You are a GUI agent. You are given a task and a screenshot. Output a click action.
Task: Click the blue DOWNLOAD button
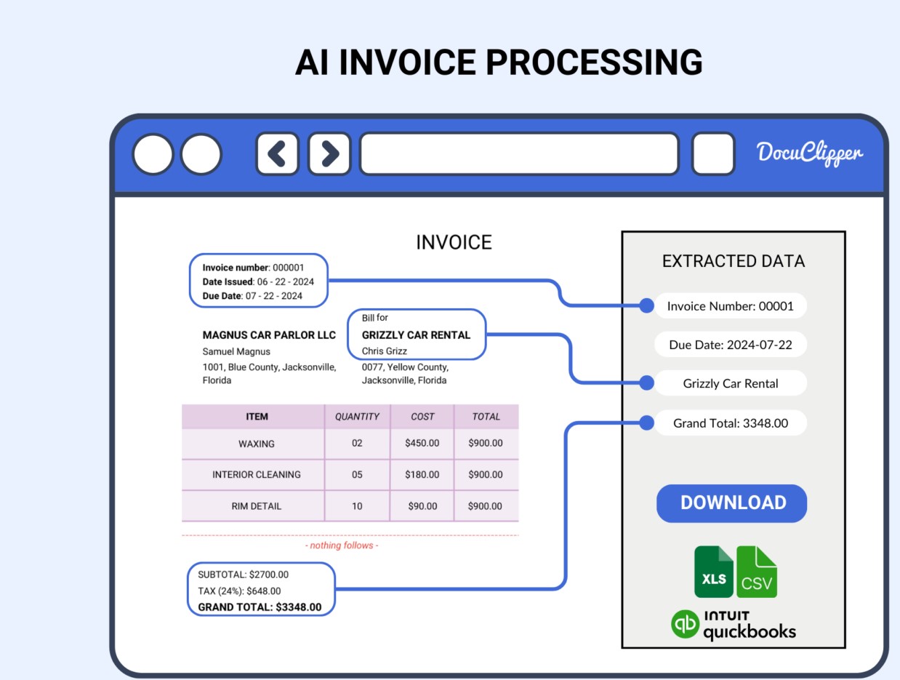[731, 503]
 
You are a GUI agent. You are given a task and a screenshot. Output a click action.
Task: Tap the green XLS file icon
[713, 572]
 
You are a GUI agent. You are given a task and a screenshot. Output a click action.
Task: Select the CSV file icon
[757, 572]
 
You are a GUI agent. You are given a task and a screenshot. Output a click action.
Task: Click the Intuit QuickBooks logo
[733, 625]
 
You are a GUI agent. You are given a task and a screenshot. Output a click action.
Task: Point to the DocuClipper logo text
[809, 153]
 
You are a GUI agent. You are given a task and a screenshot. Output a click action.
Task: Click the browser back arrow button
[277, 153]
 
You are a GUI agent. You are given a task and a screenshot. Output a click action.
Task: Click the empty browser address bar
[519, 153]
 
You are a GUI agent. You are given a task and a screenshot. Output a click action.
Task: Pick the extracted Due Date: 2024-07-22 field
[731, 345]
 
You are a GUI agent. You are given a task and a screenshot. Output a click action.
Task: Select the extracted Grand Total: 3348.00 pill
[731, 423]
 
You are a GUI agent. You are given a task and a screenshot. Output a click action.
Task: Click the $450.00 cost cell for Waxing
[422, 443]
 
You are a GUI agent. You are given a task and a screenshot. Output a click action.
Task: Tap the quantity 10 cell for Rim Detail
[357, 506]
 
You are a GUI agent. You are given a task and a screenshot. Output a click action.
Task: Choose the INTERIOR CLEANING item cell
[256, 474]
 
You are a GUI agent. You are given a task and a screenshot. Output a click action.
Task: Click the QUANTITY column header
[357, 417]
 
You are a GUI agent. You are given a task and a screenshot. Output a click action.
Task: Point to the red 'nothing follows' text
[342, 545]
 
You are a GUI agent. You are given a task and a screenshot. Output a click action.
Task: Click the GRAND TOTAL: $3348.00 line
[260, 607]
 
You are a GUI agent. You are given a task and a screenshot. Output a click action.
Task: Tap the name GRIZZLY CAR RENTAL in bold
[416, 335]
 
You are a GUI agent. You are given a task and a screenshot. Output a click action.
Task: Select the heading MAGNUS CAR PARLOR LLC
[269, 335]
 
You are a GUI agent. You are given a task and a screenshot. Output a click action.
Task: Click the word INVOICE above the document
[454, 243]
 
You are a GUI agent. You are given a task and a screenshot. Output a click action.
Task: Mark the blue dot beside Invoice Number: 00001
[646, 306]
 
